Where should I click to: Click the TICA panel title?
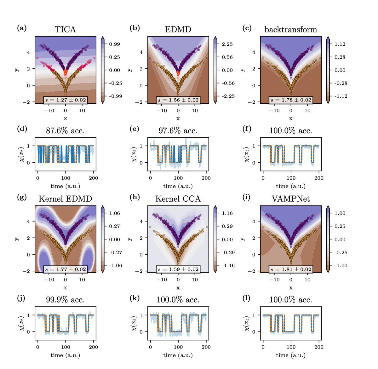coord(65,29)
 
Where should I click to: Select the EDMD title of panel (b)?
coord(178,29)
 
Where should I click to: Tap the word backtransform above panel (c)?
coord(290,30)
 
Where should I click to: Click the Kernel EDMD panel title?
coord(65,199)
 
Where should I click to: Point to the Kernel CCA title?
coord(178,199)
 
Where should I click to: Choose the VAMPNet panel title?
coord(290,199)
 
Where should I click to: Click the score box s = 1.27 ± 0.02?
coord(65,100)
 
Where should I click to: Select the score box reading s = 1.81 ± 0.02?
coord(291,269)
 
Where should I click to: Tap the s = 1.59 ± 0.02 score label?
coord(178,269)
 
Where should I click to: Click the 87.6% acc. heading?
coord(65,130)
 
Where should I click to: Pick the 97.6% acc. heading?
coord(178,130)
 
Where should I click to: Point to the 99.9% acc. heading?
coord(65,300)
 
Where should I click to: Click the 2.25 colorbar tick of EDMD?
coord(227,44)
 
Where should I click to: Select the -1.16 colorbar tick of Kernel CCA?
coord(228,266)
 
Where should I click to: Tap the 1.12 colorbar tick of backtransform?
coord(340,44)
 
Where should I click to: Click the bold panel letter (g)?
coord(22,197)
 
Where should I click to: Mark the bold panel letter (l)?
coord(247,298)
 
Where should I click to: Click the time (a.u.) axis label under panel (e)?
coord(178,186)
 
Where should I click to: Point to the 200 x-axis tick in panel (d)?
coord(94,178)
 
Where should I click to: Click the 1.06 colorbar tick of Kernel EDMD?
coord(115,213)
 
